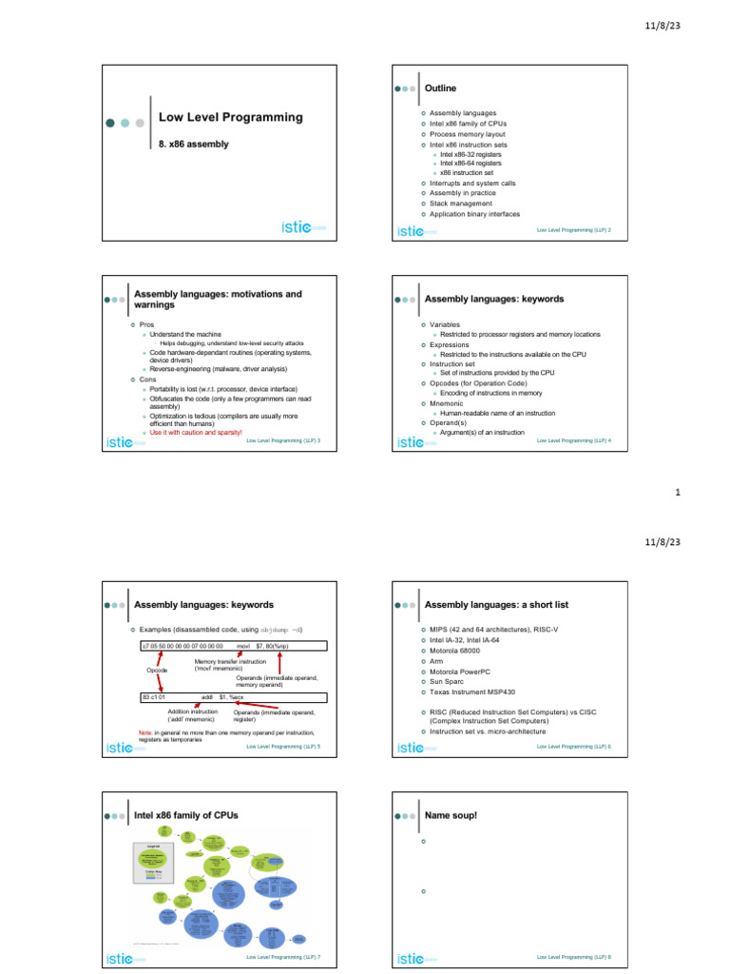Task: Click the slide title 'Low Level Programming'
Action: pos(230,117)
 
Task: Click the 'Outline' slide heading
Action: pos(440,88)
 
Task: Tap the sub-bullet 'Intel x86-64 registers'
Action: pos(471,163)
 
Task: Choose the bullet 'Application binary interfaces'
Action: pos(474,214)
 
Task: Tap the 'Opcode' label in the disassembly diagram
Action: pos(157,671)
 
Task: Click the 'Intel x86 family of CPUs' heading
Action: pos(186,815)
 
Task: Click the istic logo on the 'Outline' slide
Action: pos(415,229)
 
